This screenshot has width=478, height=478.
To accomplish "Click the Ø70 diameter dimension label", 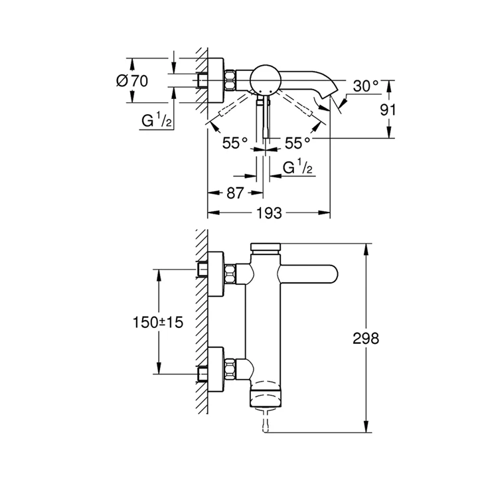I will coord(131,81).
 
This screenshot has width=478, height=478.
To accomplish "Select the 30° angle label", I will coord(366,86).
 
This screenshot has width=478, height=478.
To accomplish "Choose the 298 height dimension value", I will coord(365,339).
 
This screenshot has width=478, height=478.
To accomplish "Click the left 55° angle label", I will coord(234,143).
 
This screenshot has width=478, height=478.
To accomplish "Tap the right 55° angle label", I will coord(297,143).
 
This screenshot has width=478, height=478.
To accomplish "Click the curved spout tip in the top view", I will coord(327,100).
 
